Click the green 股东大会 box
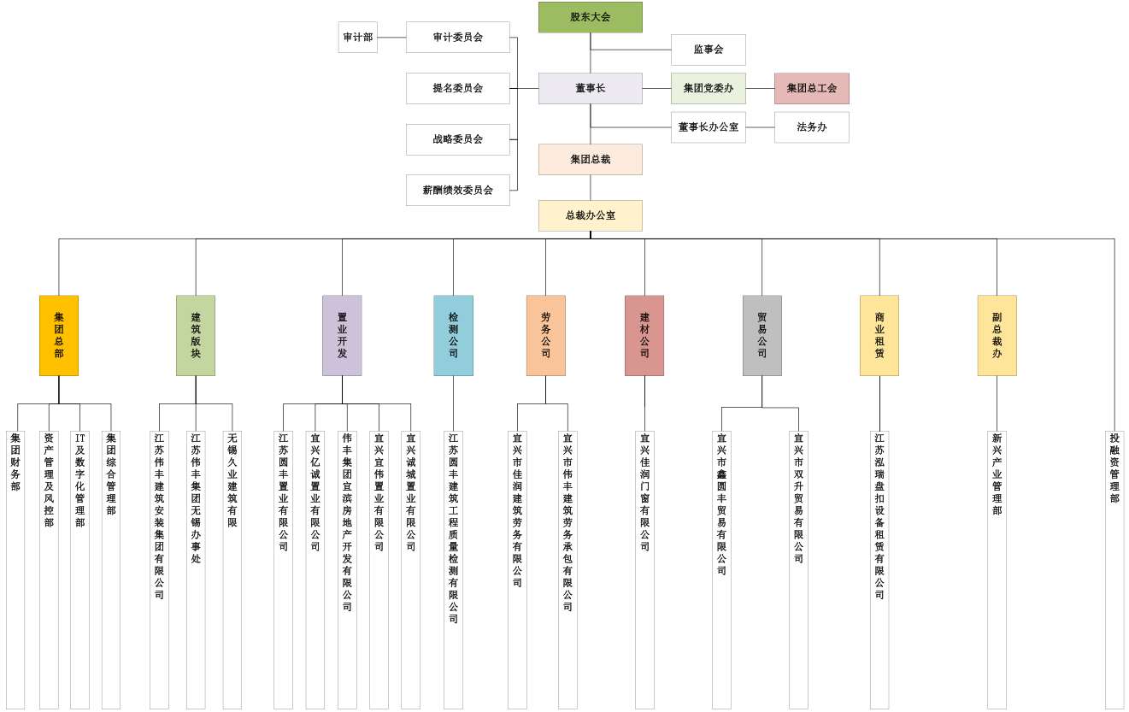pos(590,17)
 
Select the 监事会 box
pos(708,50)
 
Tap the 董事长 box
pos(590,88)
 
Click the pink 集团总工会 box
pos(811,88)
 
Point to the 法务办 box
pos(811,127)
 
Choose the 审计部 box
pos(357,38)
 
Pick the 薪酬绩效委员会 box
pos(457,190)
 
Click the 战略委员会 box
pos(457,139)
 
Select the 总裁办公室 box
pos(590,215)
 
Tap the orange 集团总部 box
pos(59,335)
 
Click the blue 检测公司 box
pos(453,335)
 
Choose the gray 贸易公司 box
pos(761,335)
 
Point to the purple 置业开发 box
pos(342,335)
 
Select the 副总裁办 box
pos(997,335)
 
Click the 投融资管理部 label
pos(1114,468)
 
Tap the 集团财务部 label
pos(15,462)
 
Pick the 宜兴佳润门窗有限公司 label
pos(644,492)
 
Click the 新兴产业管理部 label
pos(997,474)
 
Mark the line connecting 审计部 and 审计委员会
pos(391,38)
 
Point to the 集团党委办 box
pos(708,88)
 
